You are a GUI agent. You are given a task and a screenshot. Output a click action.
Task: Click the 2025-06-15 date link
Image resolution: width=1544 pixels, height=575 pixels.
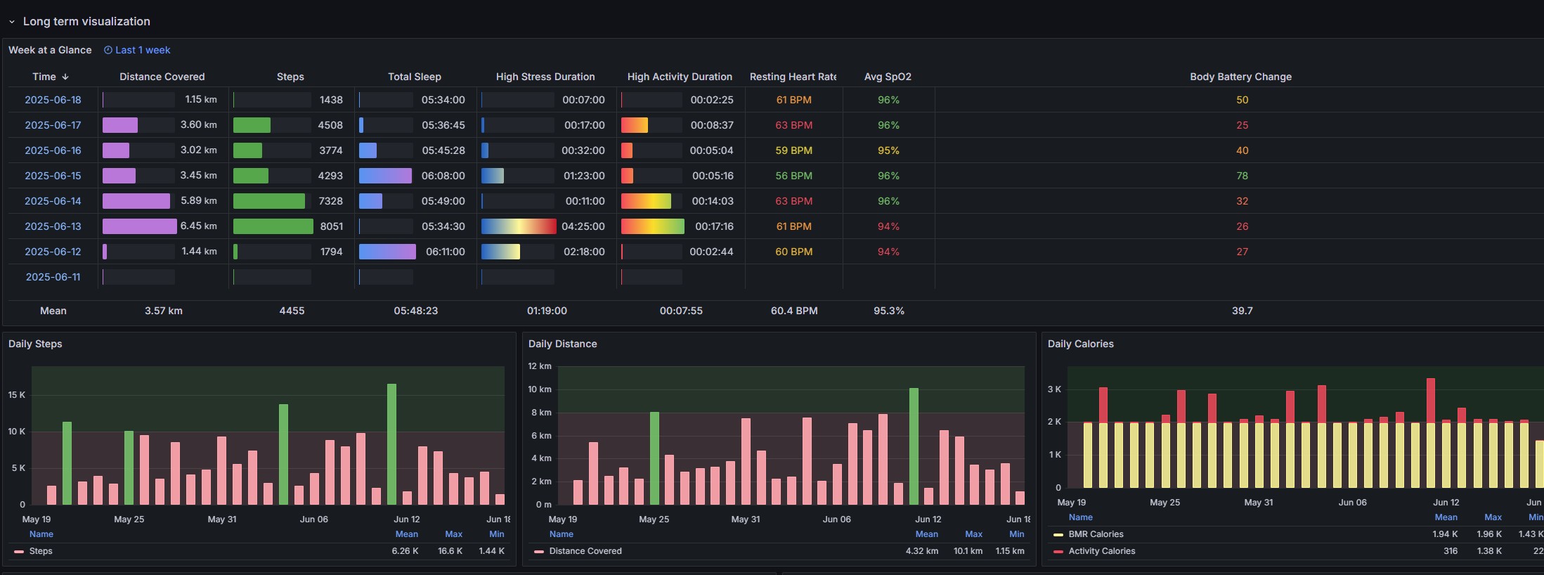coord(53,176)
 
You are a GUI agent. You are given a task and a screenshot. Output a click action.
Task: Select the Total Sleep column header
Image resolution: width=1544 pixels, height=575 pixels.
coord(415,77)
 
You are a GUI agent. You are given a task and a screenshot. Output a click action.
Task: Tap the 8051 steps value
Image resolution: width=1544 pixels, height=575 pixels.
coord(332,226)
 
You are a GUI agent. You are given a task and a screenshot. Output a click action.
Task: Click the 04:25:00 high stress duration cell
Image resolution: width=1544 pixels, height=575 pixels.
coord(583,226)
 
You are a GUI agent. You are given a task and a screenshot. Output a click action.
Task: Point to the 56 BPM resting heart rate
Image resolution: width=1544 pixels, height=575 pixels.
coord(793,176)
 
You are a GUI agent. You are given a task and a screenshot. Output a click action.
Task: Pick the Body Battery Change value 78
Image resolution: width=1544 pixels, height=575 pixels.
coord(1242,176)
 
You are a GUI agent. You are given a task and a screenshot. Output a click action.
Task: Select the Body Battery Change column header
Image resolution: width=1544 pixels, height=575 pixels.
coord(1240,77)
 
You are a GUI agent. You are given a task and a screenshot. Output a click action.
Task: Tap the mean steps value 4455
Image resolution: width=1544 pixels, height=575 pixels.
coord(292,311)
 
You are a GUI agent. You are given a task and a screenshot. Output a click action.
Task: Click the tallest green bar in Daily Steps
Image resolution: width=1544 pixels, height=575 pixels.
coord(391,444)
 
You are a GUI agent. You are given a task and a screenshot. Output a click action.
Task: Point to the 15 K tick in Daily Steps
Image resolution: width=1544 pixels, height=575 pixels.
coord(16,395)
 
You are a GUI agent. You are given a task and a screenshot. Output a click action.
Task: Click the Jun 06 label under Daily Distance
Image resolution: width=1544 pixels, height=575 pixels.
coord(836,519)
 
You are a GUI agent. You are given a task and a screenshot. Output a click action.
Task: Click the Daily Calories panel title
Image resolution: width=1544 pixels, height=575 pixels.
coord(1080,344)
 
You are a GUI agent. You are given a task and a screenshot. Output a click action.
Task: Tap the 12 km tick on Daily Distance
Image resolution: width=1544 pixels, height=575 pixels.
coord(540,366)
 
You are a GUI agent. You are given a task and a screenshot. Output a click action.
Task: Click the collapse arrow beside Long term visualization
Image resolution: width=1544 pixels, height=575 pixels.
coord(12,22)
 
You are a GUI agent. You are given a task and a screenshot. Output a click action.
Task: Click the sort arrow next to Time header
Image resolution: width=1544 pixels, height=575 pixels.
coord(65,77)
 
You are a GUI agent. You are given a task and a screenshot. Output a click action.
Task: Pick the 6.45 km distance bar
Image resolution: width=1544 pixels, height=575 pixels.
coord(140,226)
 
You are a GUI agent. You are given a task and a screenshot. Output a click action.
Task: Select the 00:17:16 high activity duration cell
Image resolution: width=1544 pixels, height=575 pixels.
coord(714,226)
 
